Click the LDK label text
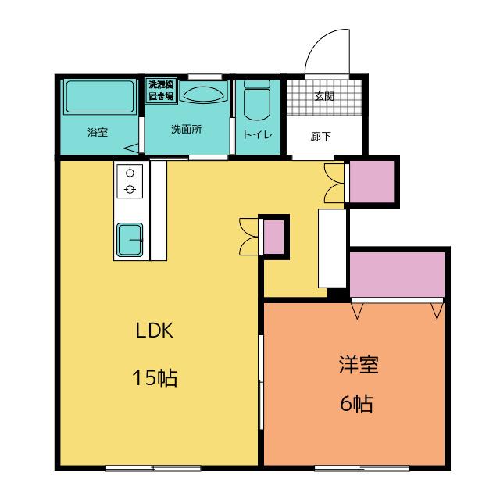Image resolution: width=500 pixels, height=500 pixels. (x=155, y=330)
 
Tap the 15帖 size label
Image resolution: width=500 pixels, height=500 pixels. (x=155, y=378)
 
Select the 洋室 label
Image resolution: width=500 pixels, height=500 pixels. (x=359, y=365)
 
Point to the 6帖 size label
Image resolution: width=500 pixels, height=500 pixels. (x=356, y=403)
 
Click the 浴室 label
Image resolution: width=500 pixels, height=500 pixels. (x=98, y=132)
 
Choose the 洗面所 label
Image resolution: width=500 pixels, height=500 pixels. (x=186, y=129)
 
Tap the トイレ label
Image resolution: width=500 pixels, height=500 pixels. (x=257, y=134)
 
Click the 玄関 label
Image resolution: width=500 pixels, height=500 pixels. (x=324, y=96)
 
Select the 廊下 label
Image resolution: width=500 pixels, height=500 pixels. (x=321, y=136)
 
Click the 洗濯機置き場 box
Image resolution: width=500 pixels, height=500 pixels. (x=161, y=91)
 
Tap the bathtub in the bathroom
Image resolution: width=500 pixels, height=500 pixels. (x=100, y=97)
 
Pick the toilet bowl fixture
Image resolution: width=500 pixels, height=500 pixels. (x=257, y=100)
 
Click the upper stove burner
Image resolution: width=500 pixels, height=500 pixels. (x=130, y=173)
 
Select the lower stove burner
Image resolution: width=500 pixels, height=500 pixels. (x=130, y=189)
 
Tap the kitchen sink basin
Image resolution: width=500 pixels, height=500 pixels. (x=130, y=240)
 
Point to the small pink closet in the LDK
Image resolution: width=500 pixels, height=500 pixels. (x=273, y=237)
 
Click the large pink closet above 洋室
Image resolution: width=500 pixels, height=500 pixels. (x=397, y=275)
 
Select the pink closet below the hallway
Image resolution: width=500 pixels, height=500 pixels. (x=372, y=181)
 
